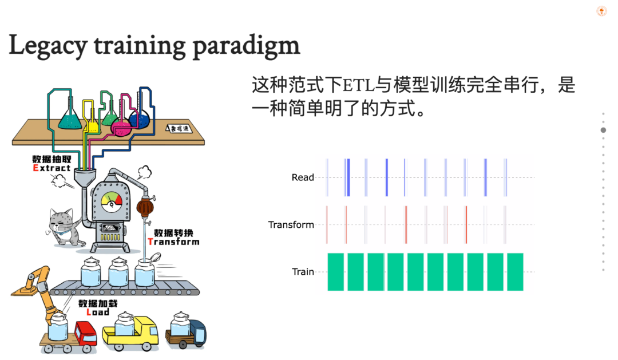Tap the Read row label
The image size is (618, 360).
pos(303,177)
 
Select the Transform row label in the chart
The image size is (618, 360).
pos(291,225)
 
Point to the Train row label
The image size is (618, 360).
pos(303,272)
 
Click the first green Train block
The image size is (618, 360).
pos(335,271)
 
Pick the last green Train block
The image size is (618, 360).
pos(515,271)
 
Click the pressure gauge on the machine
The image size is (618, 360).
pos(111,201)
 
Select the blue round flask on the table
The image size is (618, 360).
pos(139,119)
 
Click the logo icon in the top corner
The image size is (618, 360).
pos(601,11)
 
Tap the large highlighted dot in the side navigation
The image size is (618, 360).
pos(603,130)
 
